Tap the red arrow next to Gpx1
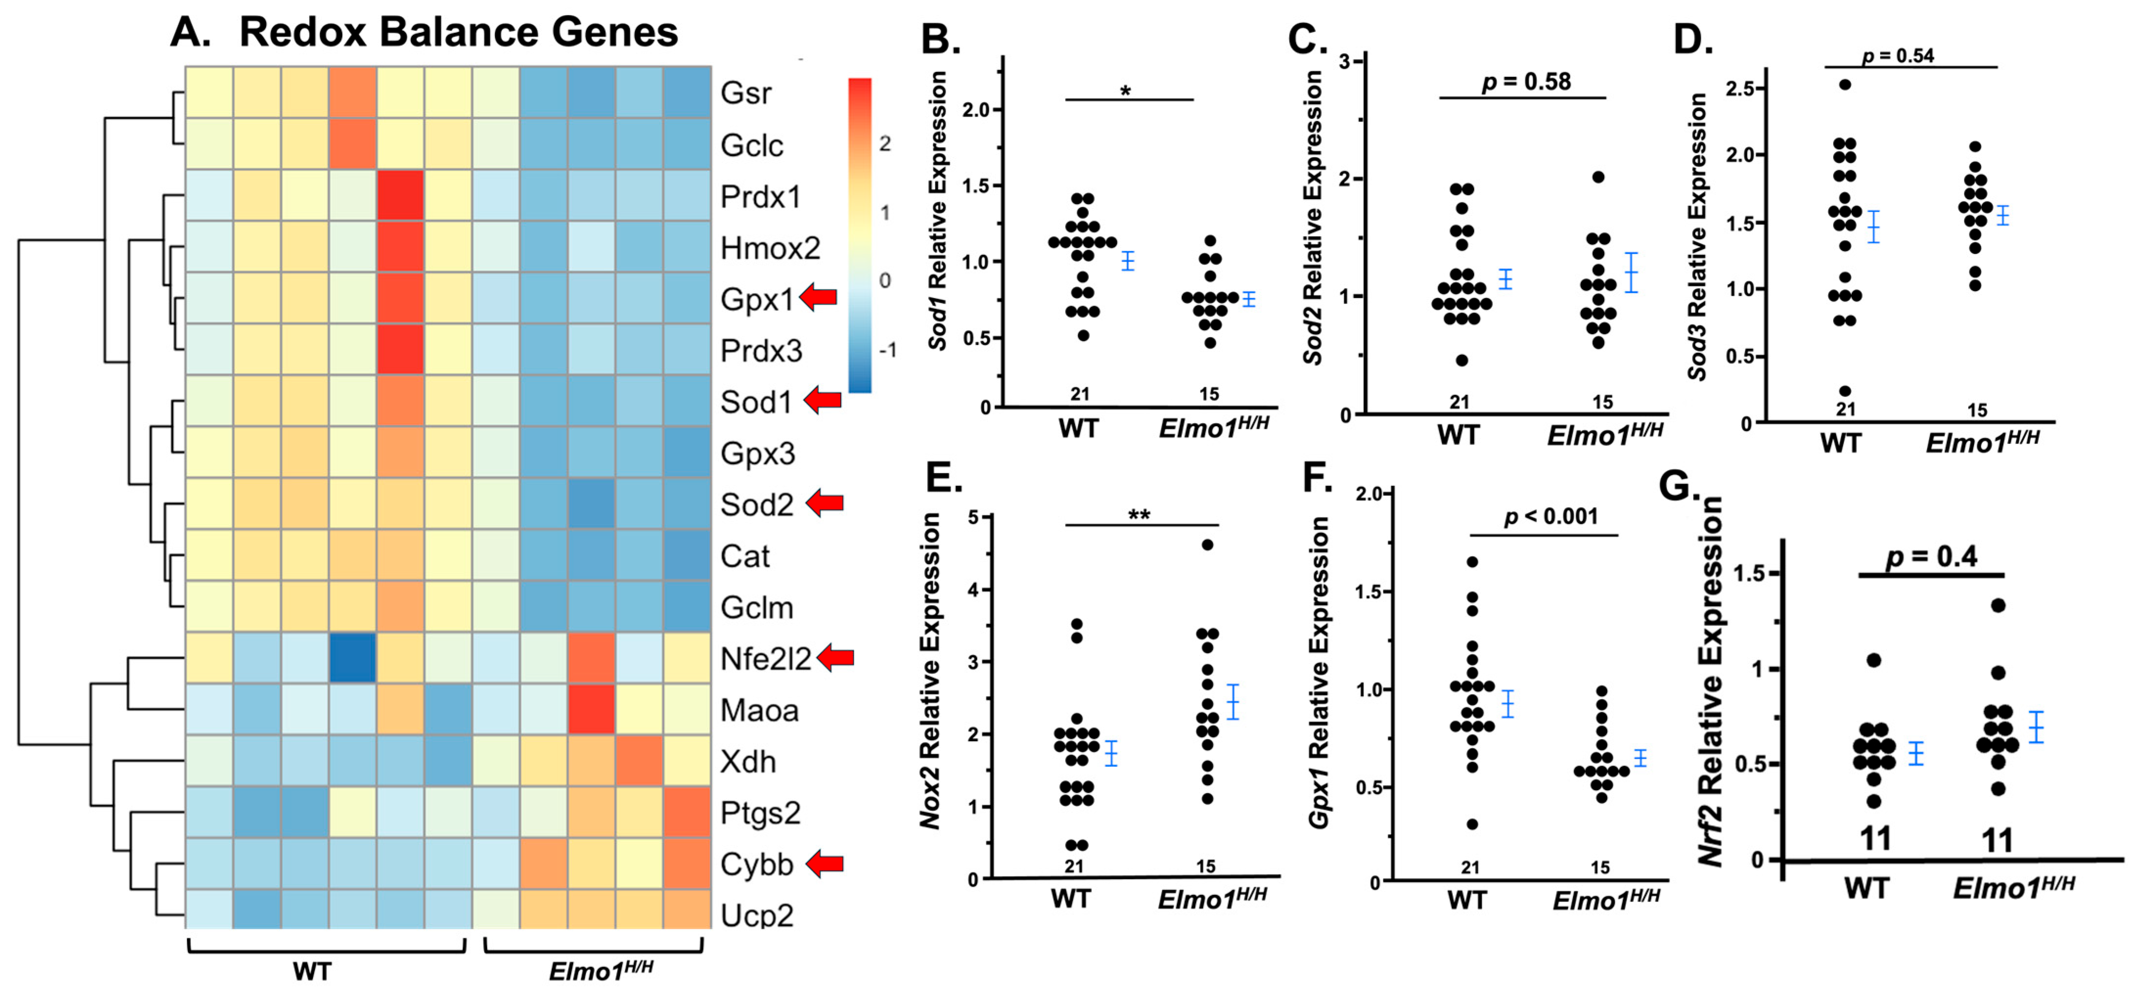(819, 297)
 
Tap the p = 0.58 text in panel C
(1526, 81)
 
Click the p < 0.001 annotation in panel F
(1551, 517)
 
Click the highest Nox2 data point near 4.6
(1207, 545)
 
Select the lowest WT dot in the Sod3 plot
(1845, 391)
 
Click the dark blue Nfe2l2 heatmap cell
(353, 658)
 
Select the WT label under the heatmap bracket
(312, 971)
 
